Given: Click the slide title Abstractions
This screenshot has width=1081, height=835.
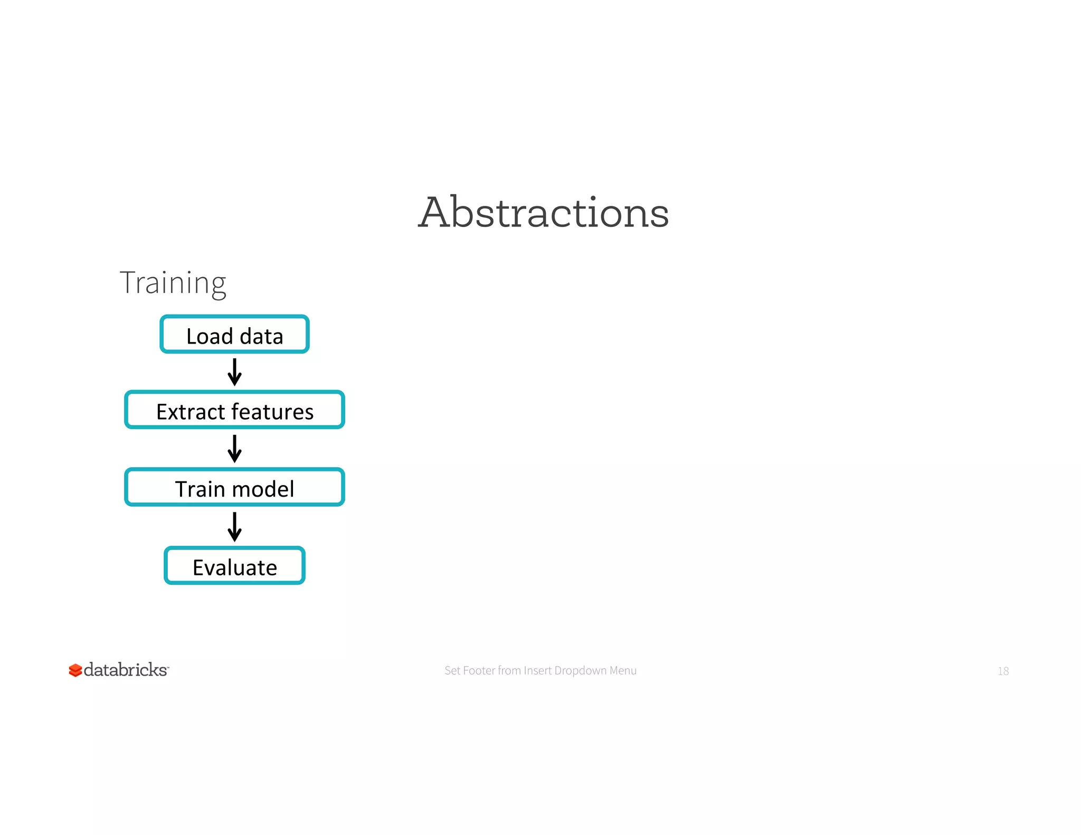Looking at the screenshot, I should (x=543, y=212).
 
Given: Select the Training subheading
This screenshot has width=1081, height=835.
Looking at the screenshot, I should (x=173, y=283).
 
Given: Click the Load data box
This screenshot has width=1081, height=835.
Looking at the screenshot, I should (x=234, y=335).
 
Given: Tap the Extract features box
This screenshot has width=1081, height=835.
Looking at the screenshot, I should (x=234, y=410).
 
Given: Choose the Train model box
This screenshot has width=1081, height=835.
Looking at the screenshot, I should (x=234, y=487).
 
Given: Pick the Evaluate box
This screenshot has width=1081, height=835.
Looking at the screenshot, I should (x=234, y=566).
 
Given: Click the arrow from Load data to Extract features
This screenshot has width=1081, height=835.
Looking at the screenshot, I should (x=234, y=372).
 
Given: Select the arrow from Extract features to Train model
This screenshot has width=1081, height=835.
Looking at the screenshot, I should (x=234, y=449).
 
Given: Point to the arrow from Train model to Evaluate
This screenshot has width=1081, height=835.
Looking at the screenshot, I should (x=234, y=527).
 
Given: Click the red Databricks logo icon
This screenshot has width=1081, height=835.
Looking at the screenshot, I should (x=75, y=670).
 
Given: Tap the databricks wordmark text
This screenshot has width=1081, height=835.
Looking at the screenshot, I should (x=126, y=670).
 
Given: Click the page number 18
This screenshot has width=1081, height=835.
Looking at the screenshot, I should (x=1003, y=671).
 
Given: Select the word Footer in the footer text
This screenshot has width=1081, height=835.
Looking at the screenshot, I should (x=479, y=670).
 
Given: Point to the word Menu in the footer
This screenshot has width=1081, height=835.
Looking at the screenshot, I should (x=623, y=670).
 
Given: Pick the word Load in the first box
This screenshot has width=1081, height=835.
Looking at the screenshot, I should (x=210, y=336).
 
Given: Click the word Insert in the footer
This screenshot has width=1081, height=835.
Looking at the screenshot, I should (x=537, y=670).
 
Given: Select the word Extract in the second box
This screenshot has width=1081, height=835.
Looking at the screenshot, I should (x=191, y=412).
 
